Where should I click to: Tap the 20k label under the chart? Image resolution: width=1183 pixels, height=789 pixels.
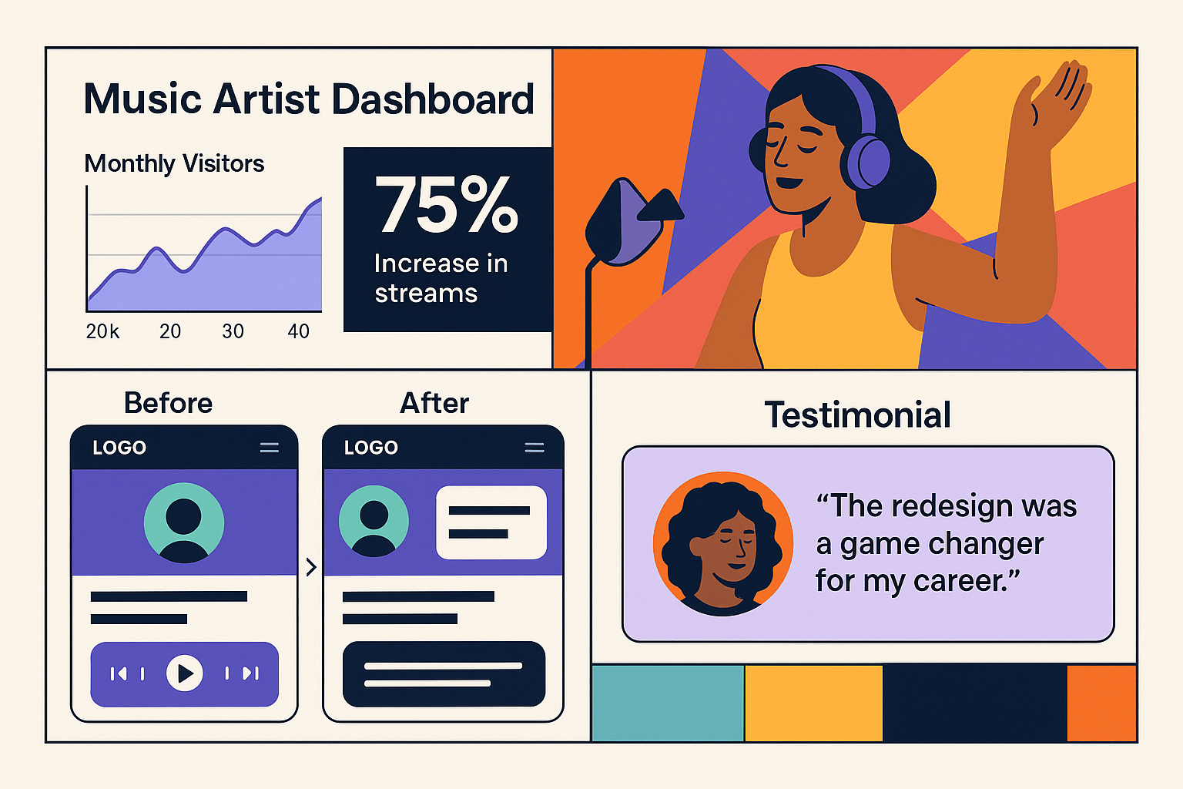[102, 331]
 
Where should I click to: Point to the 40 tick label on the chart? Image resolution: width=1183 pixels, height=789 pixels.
[298, 331]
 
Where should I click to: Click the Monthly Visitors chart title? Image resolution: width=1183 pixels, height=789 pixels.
[174, 163]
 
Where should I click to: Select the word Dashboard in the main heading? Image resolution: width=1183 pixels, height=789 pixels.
[433, 99]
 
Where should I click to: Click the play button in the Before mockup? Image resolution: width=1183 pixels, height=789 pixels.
[185, 673]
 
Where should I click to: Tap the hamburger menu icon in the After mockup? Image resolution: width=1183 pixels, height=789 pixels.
[534, 448]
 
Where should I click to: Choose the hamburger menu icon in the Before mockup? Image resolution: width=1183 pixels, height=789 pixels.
[269, 448]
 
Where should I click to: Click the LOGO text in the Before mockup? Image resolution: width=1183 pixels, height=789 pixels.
[119, 448]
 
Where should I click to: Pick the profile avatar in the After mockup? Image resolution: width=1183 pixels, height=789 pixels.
[374, 521]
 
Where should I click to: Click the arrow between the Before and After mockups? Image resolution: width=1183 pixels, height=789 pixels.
[311, 568]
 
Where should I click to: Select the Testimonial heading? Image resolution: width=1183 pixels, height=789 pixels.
[857, 415]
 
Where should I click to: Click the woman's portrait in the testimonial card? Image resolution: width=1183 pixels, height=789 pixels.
[722, 542]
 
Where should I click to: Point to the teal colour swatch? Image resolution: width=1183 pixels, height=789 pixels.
[667, 703]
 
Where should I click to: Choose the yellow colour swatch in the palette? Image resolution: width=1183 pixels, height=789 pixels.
[813, 703]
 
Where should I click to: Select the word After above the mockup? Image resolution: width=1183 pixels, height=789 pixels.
[434, 403]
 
